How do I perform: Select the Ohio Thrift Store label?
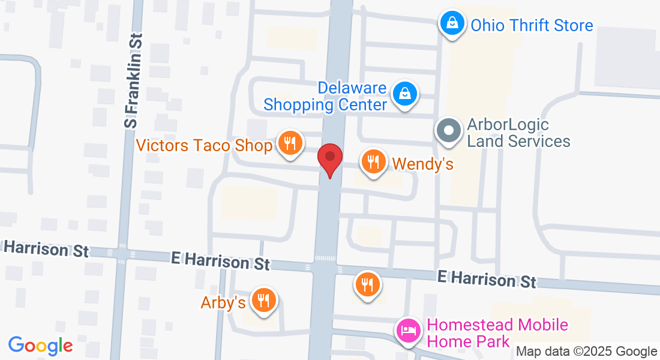[532, 25]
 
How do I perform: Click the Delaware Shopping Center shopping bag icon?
[405, 94]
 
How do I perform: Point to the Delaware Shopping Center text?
[326, 97]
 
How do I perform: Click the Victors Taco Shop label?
[205, 145]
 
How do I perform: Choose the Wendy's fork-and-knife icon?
[373, 161]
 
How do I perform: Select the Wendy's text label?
[422, 164]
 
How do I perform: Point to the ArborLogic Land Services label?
[518, 133]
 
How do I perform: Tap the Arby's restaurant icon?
[263, 299]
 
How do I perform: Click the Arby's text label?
[223, 303]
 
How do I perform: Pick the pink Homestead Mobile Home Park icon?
[408, 330]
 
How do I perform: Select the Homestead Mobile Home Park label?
[497, 333]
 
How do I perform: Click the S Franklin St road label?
[134, 80]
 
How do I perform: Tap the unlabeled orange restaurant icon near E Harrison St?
[367, 284]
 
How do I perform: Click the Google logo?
[41, 346]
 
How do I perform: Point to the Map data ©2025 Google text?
[586, 352]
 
